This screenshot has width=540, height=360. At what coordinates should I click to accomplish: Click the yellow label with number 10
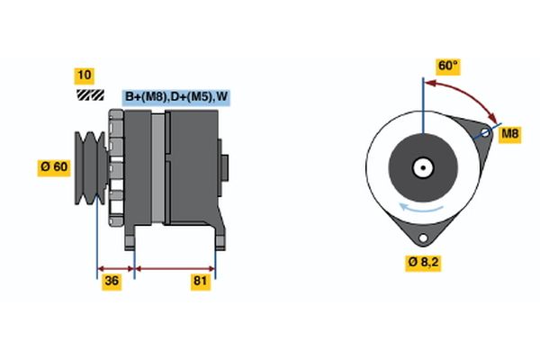click(84, 76)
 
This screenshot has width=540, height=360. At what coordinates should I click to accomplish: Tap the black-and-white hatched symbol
click(89, 94)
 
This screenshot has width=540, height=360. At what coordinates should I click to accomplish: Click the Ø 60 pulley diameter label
click(53, 166)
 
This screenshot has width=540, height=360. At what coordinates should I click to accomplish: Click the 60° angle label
click(447, 66)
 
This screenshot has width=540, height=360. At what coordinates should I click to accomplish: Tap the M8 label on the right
click(510, 134)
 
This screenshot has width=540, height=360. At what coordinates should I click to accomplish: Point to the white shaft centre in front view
click(421, 166)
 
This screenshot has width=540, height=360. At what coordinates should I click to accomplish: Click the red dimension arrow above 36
click(115, 268)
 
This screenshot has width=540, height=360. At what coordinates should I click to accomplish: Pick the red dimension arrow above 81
click(175, 268)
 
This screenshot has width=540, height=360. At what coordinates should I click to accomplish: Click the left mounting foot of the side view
click(131, 238)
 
